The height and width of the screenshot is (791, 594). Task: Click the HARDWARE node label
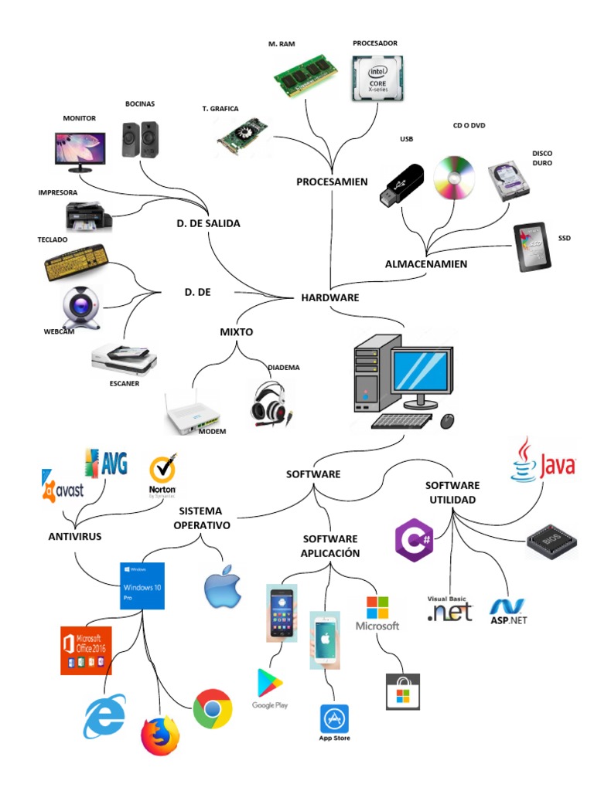[329, 297]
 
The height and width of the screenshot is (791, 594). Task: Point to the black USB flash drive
[401, 185]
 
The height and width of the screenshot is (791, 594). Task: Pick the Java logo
[544, 461]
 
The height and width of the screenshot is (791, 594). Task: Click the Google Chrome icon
[213, 709]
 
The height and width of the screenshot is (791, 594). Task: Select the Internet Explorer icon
[104, 716]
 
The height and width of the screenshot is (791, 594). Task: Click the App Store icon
[334, 719]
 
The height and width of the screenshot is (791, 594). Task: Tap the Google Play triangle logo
[270, 684]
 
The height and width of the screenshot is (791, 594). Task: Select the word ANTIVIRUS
[75, 536]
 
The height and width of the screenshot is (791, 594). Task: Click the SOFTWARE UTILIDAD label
[452, 492]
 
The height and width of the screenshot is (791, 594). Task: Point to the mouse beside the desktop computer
[447, 421]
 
